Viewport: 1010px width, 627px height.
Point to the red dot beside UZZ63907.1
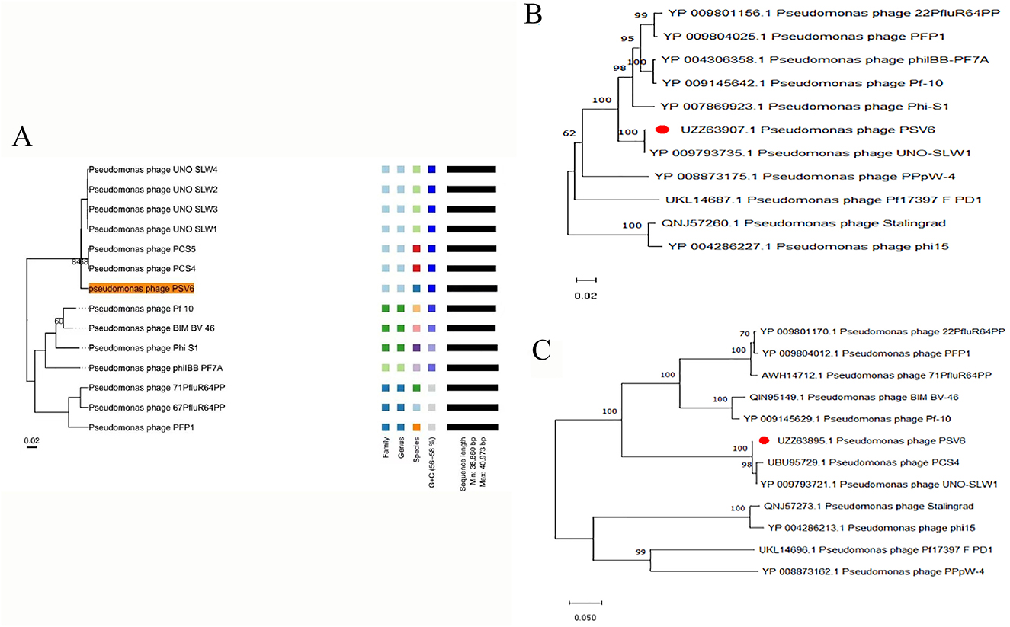point(663,130)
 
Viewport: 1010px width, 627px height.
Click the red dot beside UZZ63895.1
point(763,440)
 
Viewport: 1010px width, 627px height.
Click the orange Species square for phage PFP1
point(416,427)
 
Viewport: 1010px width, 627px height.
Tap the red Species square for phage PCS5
point(416,249)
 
